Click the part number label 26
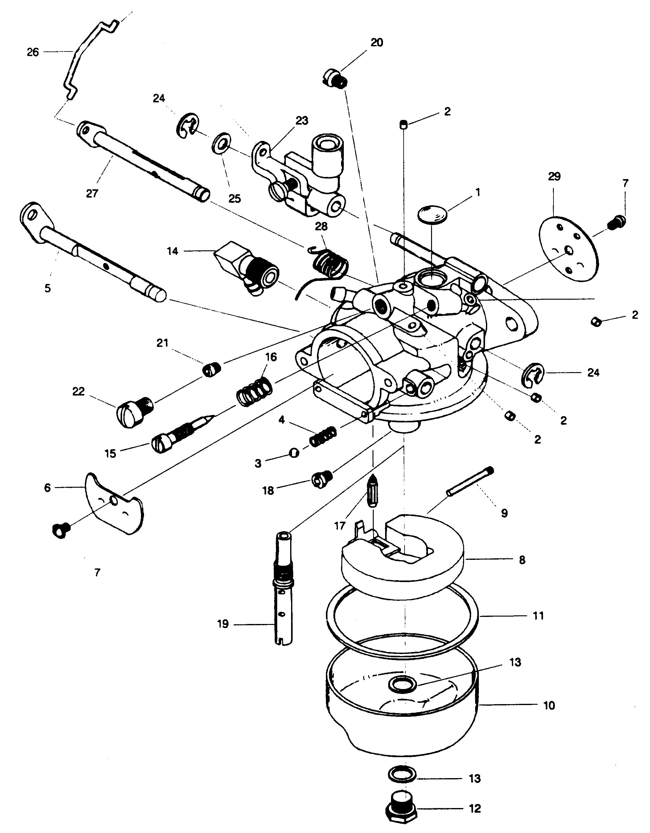tap(33, 52)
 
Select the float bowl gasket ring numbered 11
tap(402, 617)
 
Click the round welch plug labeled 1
tap(433, 214)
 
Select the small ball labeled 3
tap(294, 453)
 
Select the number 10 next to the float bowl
tap(549, 706)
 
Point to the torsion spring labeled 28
tap(323, 269)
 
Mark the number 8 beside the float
tap(522, 560)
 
